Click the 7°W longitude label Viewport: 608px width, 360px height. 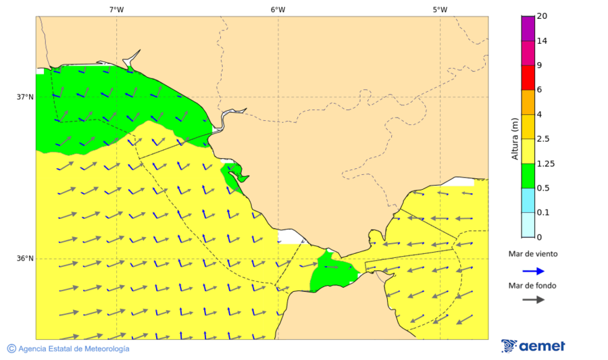click(116, 9)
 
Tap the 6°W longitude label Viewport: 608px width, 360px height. click(278, 9)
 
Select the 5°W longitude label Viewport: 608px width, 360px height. click(440, 9)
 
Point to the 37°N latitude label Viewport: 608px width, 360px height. click(25, 97)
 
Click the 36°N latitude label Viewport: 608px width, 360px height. click(25, 259)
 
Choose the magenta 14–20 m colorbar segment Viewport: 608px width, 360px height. click(528, 28)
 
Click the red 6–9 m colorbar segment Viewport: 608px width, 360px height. click(528, 78)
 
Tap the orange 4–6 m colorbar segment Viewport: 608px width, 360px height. click(528, 102)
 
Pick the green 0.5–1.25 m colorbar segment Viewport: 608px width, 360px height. click(528, 176)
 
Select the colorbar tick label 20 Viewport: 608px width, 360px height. click(541, 16)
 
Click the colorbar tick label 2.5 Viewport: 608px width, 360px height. click(542, 139)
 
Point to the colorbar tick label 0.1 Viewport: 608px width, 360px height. click(542, 213)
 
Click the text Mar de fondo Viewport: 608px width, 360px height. click(533, 286)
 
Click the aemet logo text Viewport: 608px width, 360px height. click(542, 346)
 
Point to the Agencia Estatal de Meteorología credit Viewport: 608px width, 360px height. click(74, 349)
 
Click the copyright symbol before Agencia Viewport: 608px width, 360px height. click(11, 349)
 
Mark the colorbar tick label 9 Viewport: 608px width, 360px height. click(538, 66)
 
